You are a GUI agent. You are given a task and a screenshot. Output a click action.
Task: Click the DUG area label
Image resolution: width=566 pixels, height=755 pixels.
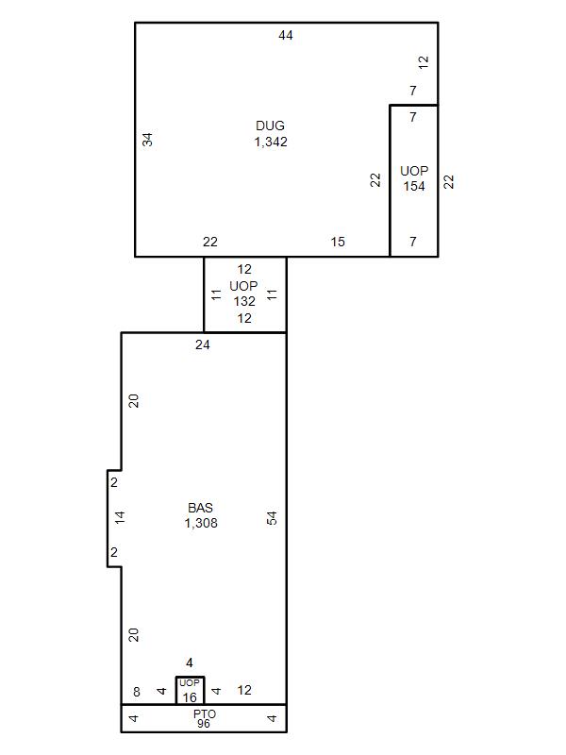270,126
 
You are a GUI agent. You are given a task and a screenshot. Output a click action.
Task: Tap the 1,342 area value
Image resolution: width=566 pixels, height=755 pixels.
271,143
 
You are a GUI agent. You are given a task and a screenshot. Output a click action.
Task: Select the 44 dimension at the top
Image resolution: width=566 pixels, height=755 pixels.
286,35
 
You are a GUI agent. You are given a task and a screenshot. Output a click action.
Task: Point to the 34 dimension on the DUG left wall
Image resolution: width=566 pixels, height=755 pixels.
147,140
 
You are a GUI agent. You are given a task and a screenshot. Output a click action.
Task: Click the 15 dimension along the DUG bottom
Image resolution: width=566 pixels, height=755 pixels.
338,242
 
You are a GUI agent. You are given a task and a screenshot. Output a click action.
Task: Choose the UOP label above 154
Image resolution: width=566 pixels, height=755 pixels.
414,171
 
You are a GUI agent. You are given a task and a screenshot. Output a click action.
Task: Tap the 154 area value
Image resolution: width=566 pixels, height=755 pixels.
414,186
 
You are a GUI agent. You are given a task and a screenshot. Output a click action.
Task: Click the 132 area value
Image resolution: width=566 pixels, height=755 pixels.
244,301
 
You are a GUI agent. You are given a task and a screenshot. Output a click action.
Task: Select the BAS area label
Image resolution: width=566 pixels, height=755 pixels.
200,508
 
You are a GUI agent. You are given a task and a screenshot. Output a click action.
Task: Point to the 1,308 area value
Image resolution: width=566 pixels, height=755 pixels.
201,523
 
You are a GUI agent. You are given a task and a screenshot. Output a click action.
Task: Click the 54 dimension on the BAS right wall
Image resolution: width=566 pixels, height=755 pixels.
272,518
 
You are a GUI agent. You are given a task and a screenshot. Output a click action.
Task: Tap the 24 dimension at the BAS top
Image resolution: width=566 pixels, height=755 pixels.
203,344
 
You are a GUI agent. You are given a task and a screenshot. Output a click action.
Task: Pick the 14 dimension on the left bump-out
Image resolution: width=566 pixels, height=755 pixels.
120,517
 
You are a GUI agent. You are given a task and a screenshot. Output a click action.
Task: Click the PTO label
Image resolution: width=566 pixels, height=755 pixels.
205,713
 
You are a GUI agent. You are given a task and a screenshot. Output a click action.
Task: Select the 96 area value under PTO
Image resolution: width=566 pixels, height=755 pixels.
204,723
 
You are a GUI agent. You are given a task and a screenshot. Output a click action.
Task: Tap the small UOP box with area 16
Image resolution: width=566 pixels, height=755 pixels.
191,691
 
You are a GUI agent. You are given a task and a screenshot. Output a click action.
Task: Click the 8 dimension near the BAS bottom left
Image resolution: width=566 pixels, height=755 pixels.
137,692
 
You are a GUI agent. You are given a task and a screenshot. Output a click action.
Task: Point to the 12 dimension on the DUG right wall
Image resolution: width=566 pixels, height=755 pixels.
423,62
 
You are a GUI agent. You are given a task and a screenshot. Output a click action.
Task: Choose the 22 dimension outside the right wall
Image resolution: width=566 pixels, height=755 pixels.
448,181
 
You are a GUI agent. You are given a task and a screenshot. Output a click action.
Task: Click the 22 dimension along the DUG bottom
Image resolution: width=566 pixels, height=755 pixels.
210,242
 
